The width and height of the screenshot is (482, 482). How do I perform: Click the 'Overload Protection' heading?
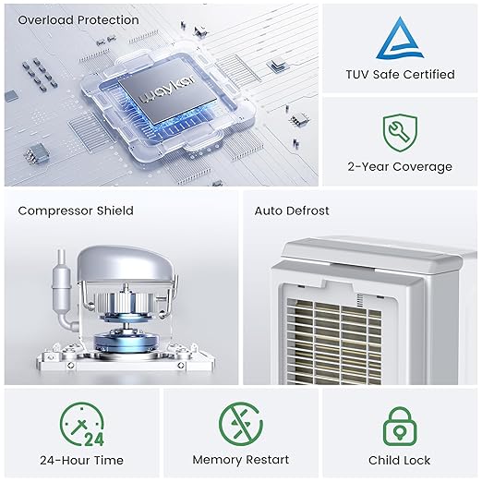click(x=78, y=19)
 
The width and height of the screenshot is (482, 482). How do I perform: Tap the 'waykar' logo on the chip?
click(x=163, y=95)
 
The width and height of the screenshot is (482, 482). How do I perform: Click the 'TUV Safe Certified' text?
click(x=400, y=74)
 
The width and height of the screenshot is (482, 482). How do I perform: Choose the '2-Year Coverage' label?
click(x=400, y=166)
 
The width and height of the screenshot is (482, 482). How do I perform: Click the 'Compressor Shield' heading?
click(x=76, y=211)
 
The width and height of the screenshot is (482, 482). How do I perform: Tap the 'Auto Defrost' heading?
click(x=293, y=211)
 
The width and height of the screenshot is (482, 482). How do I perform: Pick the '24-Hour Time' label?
click(x=82, y=460)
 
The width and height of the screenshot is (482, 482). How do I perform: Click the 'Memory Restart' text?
click(x=240, y=460)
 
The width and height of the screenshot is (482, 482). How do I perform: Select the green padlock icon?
click(x=399, y=426)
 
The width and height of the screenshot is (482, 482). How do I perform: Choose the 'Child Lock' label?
click(x=399, y=460)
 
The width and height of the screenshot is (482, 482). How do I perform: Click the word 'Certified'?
click(x=427, y=74)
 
